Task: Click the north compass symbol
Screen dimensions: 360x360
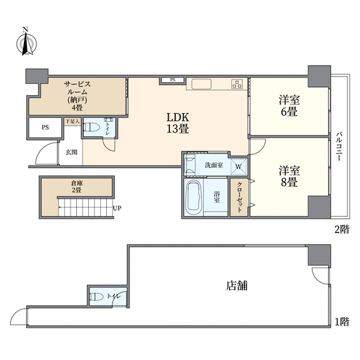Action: click(27, 42)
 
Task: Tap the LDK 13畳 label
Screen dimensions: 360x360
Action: click(177, 123)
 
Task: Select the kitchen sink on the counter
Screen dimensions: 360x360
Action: click(201, 84)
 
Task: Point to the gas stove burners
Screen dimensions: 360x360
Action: click(237, 84)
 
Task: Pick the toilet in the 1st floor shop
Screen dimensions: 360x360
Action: click(96, 297)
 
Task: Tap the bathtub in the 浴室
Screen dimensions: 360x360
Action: click(194, 197)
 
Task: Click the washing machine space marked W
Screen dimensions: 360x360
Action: click(239, 166)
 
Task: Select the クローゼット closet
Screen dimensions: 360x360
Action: click(239, 197)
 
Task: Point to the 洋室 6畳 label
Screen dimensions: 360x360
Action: click(289, 106)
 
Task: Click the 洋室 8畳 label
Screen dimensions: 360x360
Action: click(289, 176)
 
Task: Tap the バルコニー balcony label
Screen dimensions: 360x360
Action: click(338, 146)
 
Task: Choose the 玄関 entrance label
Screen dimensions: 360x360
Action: click(71, 152)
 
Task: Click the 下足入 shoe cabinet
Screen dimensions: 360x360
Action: click(72, 121)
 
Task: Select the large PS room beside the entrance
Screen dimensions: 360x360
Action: click(45, 127)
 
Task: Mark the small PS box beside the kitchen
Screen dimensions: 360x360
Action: click(172, 80)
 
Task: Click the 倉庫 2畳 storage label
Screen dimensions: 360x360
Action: click(76, 187)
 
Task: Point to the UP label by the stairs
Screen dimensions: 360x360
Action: click(117, 209)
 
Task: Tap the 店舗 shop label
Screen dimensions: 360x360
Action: click(237, 286)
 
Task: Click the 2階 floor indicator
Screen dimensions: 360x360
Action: click(342, 229)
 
